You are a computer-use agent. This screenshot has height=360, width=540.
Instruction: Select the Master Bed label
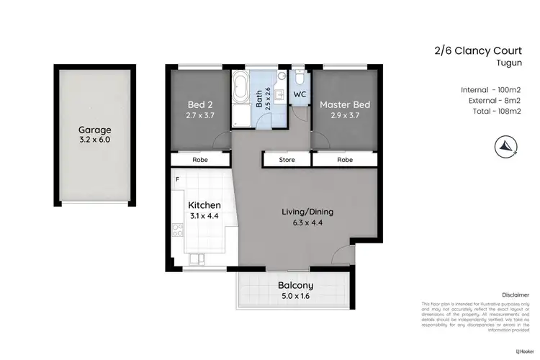[x=345, y=104]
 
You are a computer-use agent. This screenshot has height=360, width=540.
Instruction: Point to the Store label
[x=287, y=160]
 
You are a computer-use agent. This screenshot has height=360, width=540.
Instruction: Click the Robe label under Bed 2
[x=199, y=160]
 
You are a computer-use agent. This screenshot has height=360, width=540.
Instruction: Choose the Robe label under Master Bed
[x=345, y=160]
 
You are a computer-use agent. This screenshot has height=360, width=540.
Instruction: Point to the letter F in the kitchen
[x=176, y=177]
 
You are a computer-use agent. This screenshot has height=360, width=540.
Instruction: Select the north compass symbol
[x=506, y=146]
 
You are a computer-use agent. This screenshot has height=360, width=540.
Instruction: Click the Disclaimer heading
[x=515, y=294]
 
